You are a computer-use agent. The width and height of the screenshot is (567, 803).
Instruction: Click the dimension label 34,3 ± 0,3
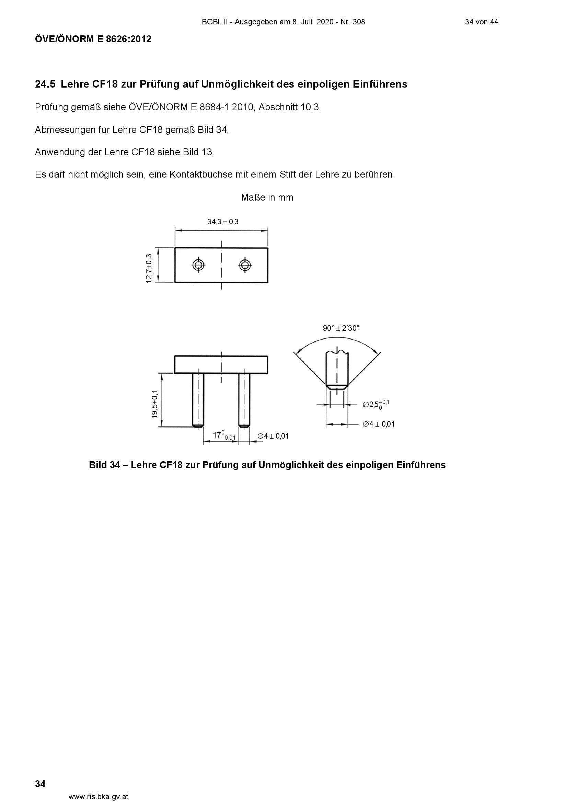223,222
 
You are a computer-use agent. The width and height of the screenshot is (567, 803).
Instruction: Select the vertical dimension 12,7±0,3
149,269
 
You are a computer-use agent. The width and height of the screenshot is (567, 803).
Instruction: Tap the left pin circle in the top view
198,265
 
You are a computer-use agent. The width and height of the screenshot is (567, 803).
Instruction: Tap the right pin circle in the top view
244,265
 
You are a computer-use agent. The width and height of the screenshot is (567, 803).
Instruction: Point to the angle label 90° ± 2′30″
341,328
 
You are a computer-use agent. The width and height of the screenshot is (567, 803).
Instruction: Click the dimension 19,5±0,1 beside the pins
155,404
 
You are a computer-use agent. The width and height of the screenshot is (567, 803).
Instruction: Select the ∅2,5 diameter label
376,404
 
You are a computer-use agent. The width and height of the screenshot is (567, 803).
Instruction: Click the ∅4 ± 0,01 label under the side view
273,436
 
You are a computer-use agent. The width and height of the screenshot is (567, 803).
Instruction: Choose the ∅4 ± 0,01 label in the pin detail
379,424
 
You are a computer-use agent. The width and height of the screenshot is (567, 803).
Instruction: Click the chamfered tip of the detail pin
337,387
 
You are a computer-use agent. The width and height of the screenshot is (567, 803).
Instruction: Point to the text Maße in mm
267,197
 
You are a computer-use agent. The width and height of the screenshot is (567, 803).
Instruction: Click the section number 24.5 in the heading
45,84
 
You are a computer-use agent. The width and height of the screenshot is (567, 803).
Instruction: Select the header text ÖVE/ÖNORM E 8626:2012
93,39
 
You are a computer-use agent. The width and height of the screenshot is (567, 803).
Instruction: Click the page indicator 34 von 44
481,22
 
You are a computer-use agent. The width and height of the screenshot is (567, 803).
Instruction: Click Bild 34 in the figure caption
105,465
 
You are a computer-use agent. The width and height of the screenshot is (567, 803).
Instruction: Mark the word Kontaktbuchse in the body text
201,174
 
